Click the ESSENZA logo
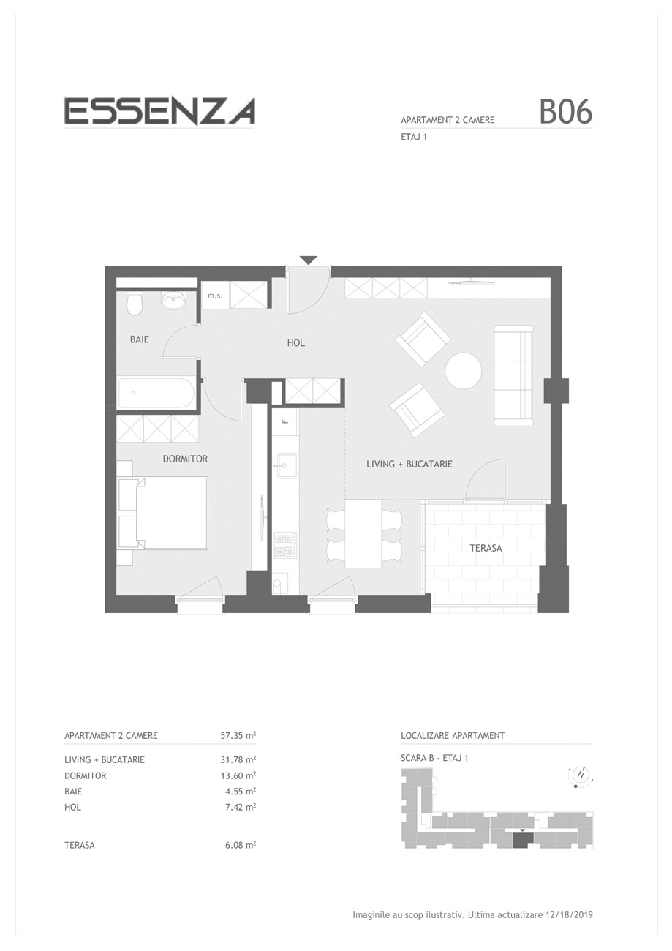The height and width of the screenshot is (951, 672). point(159,111)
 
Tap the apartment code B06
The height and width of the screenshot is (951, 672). point(565,112)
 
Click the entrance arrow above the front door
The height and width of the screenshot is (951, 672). point(308,260)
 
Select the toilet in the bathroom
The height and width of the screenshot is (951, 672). point(135,303)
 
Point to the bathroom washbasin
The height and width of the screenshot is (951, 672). point(173,300)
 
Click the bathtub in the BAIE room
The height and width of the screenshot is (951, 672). point(156,393)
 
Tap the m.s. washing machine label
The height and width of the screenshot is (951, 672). point(215,296)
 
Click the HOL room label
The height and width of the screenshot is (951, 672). point(295,342)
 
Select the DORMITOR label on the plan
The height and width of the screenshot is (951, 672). point(186,459)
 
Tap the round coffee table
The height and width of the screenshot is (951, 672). point(463,370)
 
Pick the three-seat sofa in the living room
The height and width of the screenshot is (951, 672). point(513,375)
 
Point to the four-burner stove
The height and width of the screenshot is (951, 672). point(285,545)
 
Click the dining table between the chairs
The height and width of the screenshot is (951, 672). point(363,533)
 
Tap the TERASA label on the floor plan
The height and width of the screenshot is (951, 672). point(486,548)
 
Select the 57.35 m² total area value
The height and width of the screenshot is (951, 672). point(238,735)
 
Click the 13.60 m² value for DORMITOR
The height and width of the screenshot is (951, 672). point(238,775)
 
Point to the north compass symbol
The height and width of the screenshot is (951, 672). point(581,775)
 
